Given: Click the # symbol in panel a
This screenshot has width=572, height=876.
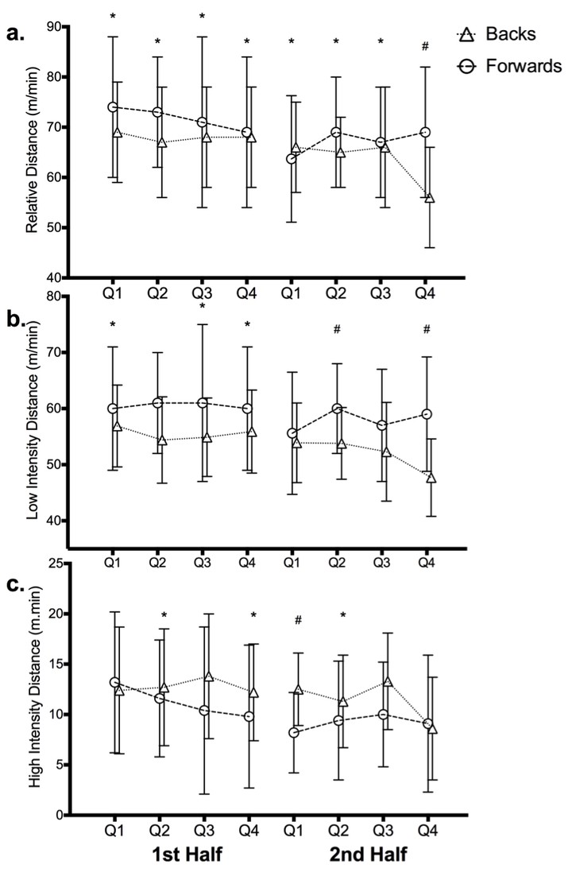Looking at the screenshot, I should [425, 46].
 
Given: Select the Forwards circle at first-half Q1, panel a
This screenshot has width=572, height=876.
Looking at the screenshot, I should [113, 107].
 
